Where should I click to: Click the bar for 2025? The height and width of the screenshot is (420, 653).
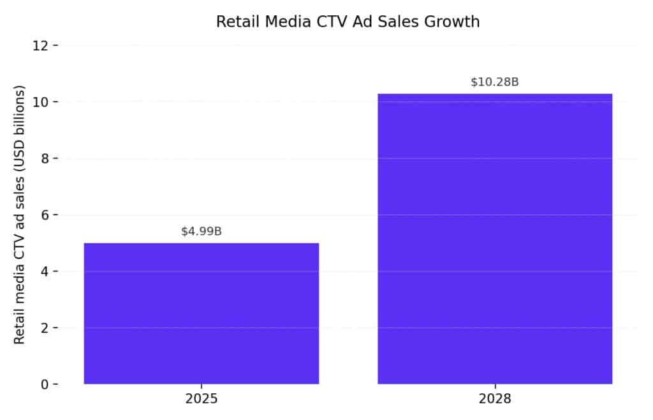pos(202,313)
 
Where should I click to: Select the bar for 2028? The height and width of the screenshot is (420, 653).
pos(495,239)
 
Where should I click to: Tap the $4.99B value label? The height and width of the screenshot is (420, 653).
pos(202,231)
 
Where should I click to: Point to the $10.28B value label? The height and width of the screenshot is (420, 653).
pos(495,82)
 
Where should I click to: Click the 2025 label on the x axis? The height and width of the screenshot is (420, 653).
pos(202,400)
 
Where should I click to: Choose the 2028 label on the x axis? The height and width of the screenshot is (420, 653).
pos(495,400)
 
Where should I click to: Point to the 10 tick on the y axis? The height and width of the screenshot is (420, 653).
pos(43,102)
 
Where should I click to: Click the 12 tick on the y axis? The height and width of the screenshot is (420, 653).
pos(43,46)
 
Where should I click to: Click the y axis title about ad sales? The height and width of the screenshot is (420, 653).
pos(20,214)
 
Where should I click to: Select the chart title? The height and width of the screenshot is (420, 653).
pos(348,22)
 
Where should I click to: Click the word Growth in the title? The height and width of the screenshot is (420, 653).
pos(453,22)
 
